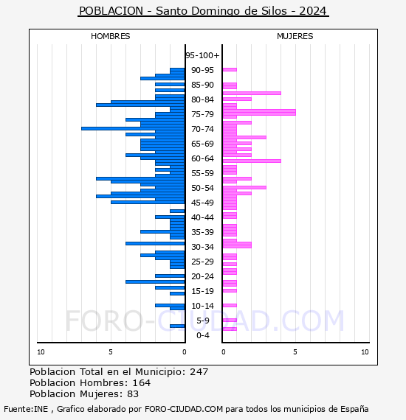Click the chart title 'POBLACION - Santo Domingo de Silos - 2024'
(203, 12)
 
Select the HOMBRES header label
(111, 36)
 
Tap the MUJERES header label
(295, 36)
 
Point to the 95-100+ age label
(202, 55)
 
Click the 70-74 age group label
(202, 129)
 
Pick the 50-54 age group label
(202, 188)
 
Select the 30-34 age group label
(202, 247)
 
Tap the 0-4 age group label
(203, 335)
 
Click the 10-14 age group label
(202, 306)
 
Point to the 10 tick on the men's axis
(41, 352)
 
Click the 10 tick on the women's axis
(365, 352)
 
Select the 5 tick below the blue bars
(111, 352)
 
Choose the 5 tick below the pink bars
(295, 352)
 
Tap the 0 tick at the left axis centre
(185, 352)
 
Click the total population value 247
(199, 372)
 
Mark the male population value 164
(141, 383)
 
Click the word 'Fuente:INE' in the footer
(26, 409)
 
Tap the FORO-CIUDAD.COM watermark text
(204, 321)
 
